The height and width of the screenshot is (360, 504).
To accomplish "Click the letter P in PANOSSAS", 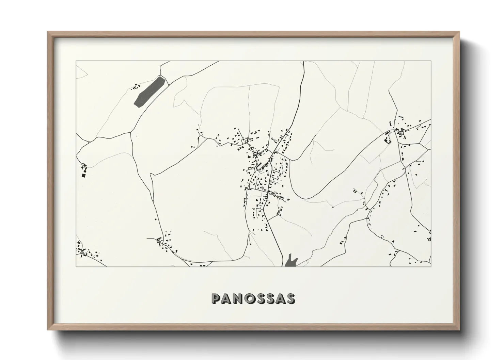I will point(216,298).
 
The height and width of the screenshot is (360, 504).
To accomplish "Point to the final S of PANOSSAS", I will point(290,298).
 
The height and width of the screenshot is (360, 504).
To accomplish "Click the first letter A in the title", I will point(228,298).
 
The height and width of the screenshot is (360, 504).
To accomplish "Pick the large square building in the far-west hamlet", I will point(83,176).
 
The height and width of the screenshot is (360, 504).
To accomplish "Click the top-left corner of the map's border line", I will point(76,61).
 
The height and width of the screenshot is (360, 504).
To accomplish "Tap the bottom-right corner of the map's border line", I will point(431,266).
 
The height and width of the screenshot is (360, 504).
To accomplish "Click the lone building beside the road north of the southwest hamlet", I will point(156,219).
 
